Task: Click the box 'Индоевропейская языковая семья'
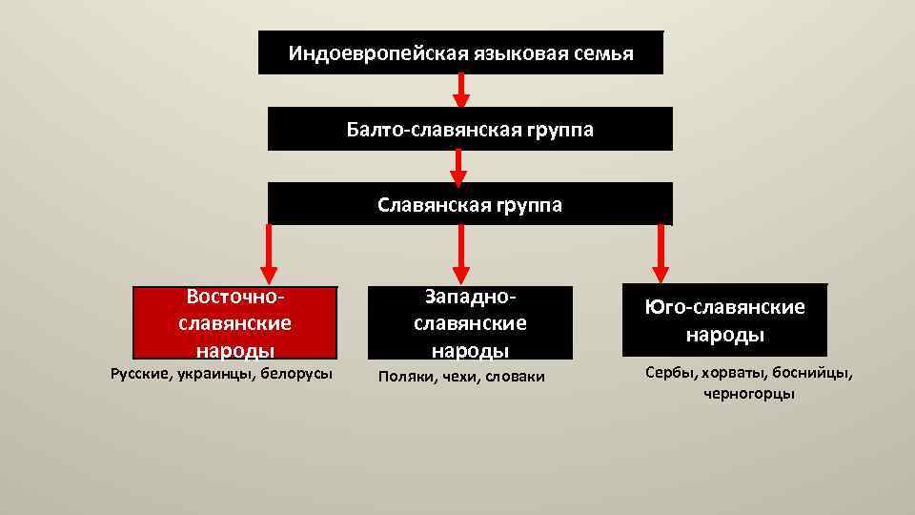[460, 52]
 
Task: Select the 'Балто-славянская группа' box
[469, 129]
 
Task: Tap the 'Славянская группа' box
[469, 204]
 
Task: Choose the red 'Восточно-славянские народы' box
[234, 323]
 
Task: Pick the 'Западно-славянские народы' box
[470, 323]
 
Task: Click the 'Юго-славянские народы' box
[724, 320]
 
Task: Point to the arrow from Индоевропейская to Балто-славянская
[460, 90]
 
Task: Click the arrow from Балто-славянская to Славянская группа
[458, 166]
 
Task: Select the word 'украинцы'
[215, 373]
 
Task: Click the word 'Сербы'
[667, 372]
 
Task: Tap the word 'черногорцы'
[749, 394]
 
